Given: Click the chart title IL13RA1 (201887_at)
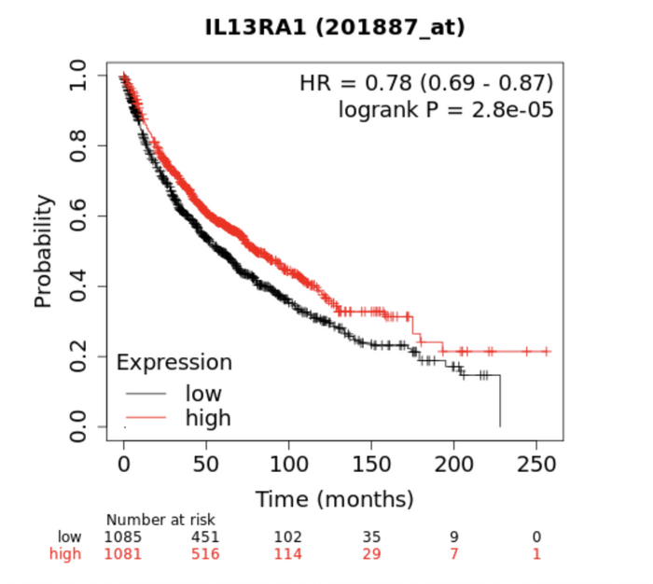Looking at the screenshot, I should [335, 28].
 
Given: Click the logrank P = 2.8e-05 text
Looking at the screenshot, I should [446, 109].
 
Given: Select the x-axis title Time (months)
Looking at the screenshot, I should [335, 497].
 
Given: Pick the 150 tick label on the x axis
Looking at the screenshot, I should [371, 465].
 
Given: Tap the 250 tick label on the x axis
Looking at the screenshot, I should [536, 465].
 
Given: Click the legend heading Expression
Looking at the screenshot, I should [174, 362].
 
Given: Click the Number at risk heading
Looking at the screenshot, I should [160, 520].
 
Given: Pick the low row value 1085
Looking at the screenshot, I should [123, 536].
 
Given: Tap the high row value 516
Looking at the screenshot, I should [205, 554].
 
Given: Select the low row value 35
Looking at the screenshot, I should [371, 536].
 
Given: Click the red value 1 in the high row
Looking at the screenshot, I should [536, 554].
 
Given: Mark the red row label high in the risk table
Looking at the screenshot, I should [66, 554].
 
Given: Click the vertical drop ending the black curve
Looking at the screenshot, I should [500, 401].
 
